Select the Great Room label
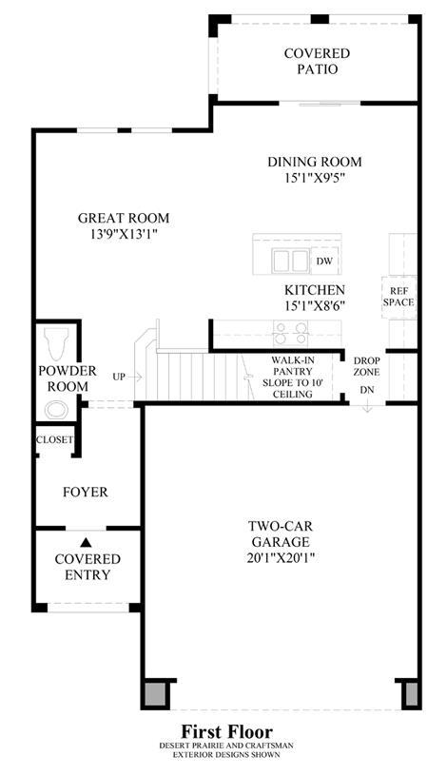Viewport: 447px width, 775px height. coord(124,218)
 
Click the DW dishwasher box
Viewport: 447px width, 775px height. coord(324,262)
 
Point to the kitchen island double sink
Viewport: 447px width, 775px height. coord(290,261)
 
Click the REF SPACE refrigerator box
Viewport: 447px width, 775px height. coord(398,297)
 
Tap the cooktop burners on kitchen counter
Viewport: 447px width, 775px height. coord(290,333)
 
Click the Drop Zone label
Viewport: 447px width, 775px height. coord(367,366)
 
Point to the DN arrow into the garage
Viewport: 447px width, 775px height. coord(367,405)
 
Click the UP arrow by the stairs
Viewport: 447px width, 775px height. coord(134,378)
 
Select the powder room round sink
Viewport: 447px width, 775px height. coord(56,410)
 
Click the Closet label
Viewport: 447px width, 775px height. coord(54,439)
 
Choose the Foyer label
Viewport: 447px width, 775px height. coord(86,493)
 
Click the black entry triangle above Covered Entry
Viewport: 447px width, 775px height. coord(86,543)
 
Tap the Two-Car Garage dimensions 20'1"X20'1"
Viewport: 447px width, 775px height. coord(281,558)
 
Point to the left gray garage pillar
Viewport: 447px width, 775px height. coord(156,693)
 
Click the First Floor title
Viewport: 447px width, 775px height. coord(227,731)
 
